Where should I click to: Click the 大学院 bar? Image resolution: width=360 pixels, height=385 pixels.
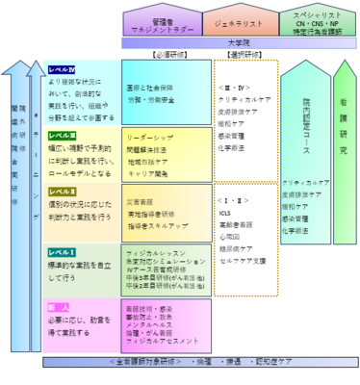(x=240, y=44)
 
